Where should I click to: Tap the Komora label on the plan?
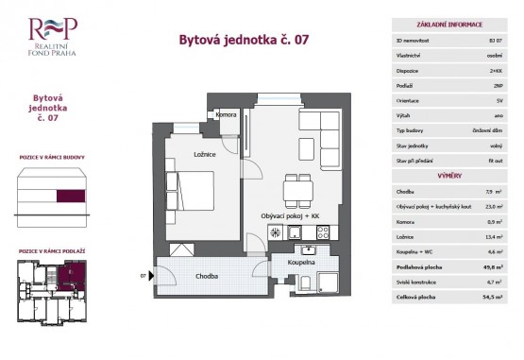tap(227, 115)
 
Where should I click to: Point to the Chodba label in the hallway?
tap(209, 276)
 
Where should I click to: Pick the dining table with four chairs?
tap(298, 188)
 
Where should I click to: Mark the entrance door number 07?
tap(144, 276)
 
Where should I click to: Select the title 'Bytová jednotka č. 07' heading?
tap(243, 40)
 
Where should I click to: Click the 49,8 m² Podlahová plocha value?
tap(494, 267)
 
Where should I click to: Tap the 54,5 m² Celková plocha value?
tap(494, 297)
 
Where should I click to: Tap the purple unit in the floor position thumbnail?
tap(68, 277)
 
